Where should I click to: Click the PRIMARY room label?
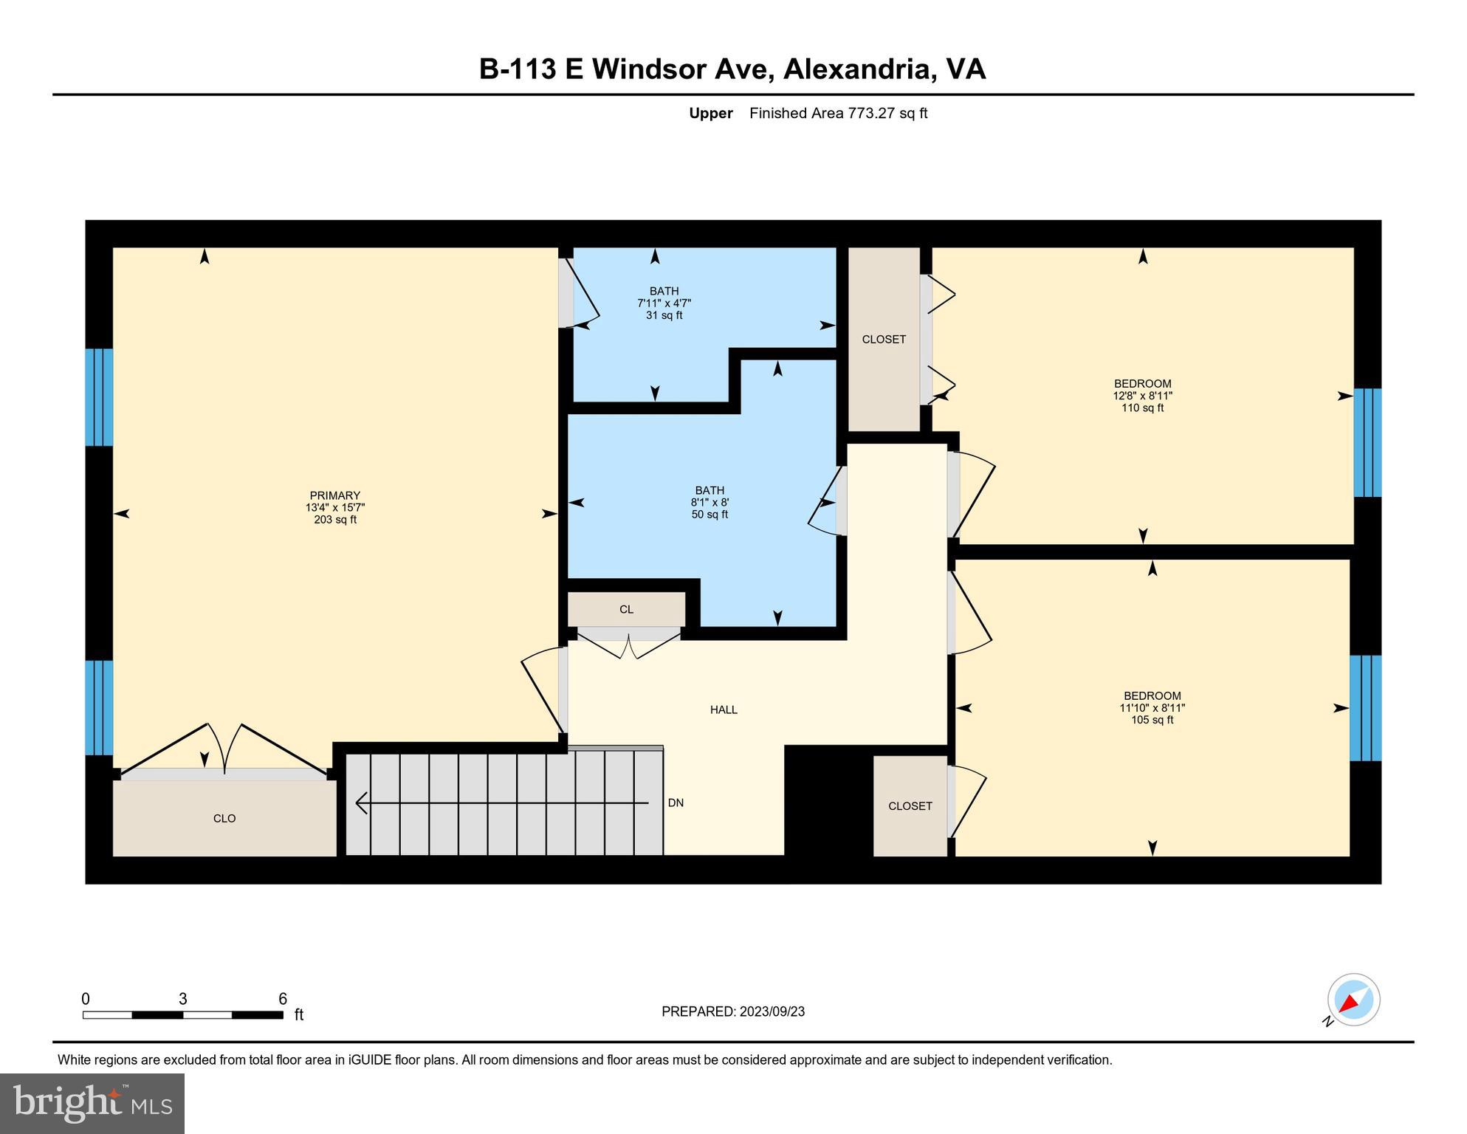tap(334, 495)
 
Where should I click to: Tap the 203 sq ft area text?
tap(334, 520)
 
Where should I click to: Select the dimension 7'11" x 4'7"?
tap(664, 303)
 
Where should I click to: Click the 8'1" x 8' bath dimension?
tap(710, 503)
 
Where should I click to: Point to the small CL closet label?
tap(626, 610)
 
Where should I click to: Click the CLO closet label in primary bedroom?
tap(224, 819)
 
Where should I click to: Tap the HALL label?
tap(724, 710)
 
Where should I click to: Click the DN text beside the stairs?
tap(676, 803)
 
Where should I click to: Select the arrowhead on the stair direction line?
tap(362, 803)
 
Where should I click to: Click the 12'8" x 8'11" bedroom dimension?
tap(1142, 396)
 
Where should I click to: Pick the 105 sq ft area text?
tap(1152, 720)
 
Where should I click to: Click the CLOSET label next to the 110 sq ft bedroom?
tap(884, 340)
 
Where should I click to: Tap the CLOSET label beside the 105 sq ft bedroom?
tap(910, 806)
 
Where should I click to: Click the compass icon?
tap(1353, 1000)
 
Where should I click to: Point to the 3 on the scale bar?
tap(182, 999)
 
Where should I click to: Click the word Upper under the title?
tap(710, 113)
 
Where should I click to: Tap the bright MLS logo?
tap(92, 1103)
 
